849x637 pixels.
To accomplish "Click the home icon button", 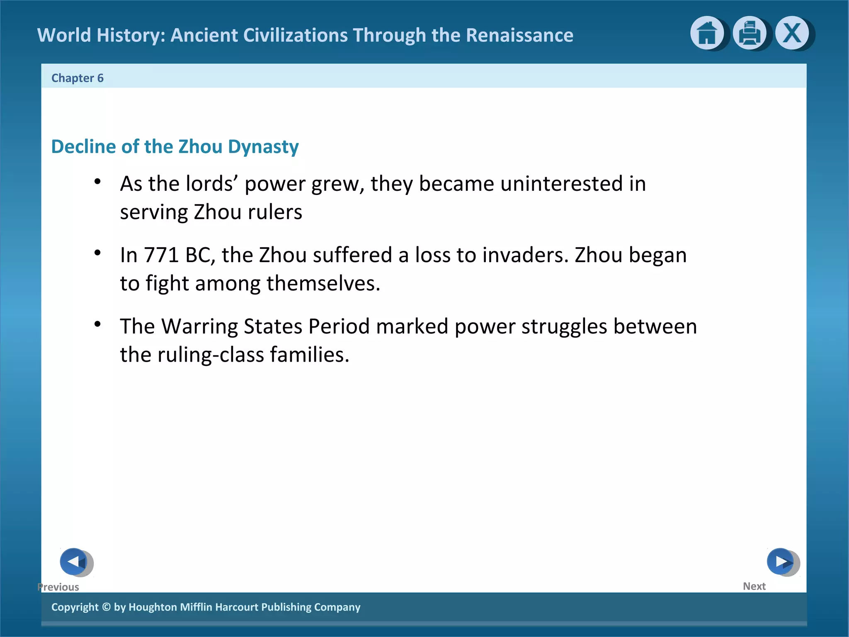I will pyautogui.click(x=706, y=33).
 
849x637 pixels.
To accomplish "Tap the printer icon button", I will pyautogui.click(x=749, y=33).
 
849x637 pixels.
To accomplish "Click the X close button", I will pyautogui.click(x=792, y=33).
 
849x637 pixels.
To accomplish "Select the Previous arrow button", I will pyautogui.click(x=74, y=562).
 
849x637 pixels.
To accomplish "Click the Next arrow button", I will pyautogui.click(x=781, y=562).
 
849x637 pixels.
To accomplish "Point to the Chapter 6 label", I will pyautogui.click(x=77, y=78).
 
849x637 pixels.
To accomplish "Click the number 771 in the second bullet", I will pyautogui.click(x=161, y=255).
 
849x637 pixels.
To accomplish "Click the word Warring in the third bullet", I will pyautogui.click(x=199, y=326).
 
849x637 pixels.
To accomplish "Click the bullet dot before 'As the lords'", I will pyautogui.click(x=97, y=181).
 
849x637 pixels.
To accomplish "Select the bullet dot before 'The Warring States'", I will pyautogui.click(x=97, y=324).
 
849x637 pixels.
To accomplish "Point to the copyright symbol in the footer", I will pyautogui.click(x=106, y=607).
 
